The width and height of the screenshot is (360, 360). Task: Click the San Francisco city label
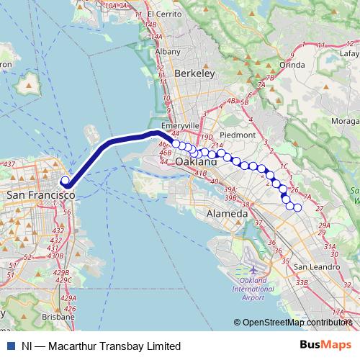tap(40, 195)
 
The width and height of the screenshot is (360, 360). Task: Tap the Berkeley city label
tap(195, 73)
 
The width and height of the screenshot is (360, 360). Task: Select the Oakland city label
tap(197, 162)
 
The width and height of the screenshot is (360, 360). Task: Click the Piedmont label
tap(237, 135)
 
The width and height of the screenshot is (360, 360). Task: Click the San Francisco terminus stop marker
tap(65, 181)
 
